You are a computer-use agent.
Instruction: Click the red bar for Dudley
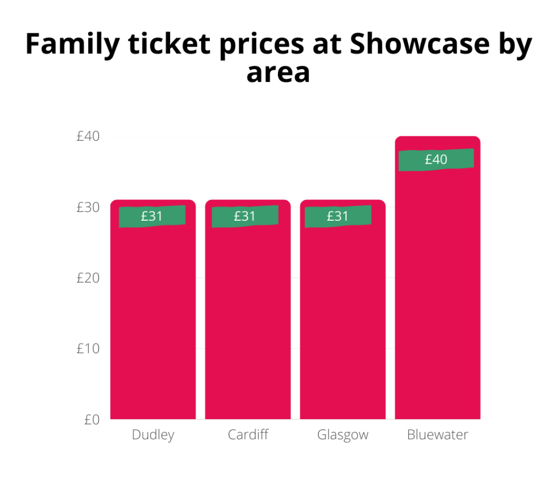click(x=153, y=321)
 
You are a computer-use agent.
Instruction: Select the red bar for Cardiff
click(x=247, y=321)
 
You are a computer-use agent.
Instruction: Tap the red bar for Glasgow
click(x=343, y=321)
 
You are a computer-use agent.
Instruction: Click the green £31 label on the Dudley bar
click(x=152, y=216)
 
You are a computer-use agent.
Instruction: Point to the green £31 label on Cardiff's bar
click(x=245, y=216)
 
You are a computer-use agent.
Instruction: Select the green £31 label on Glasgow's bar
click(x=338, y=216)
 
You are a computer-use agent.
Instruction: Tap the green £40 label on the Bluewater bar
click(x=436, y=160)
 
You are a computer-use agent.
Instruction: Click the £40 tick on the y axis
click(x=88, y=136)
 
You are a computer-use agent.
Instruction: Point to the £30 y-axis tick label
click(x=88, y=208)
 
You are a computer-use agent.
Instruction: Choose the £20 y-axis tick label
click(x=88, y=278)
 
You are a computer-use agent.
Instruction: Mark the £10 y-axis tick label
click(x=88, y=348)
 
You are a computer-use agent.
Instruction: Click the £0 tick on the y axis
click(x=91, y=419)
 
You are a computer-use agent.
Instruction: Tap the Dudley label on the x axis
click(x=153, y=435)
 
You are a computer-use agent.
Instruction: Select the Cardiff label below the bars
click(x=247, y=435)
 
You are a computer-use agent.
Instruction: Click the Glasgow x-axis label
click(x=343, y=435)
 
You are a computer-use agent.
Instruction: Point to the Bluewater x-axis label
click(x=437, y=435)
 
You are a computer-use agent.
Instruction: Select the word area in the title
click(x=278, y=72)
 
